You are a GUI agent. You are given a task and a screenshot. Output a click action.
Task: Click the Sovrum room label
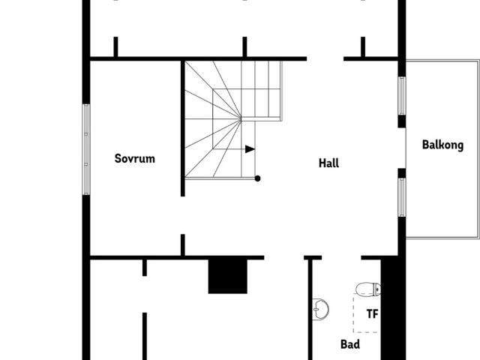tap(135, 158)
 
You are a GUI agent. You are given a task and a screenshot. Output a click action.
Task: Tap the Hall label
tap(328, 163)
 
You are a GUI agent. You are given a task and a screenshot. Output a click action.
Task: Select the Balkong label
tap(442, 145)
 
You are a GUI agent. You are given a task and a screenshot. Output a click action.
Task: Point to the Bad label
tap(350, 344)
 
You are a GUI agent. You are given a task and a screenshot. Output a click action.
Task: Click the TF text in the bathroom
tap(372, 314)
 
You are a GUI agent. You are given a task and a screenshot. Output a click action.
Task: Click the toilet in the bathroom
tap(368, 289)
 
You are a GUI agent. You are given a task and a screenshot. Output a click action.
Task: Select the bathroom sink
tap(320, 309)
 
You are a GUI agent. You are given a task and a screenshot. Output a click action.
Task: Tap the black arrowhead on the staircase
tap(250, 149)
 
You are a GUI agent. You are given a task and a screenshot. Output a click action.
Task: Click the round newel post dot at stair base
tap(257, 178)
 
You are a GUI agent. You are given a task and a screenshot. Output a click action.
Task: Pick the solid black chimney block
tap(228, 277)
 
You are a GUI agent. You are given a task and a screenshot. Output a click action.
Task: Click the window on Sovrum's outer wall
tap(86, 149)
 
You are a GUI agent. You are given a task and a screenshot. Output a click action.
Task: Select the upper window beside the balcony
tap(402, 96)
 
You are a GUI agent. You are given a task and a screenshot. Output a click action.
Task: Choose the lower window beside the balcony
tap(402, 197)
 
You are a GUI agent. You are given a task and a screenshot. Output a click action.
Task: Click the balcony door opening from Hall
tap(403, 148)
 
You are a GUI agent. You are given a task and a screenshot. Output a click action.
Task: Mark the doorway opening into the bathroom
tap(341, 257)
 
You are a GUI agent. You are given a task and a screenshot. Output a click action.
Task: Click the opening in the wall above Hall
tap(325, 58)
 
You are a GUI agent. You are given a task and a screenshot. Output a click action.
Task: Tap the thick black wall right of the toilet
tap(393, 307)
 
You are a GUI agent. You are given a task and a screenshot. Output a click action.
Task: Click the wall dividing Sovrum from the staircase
tap(183, 128)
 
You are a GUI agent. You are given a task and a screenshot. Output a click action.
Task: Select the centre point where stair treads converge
tap(241, 118)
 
